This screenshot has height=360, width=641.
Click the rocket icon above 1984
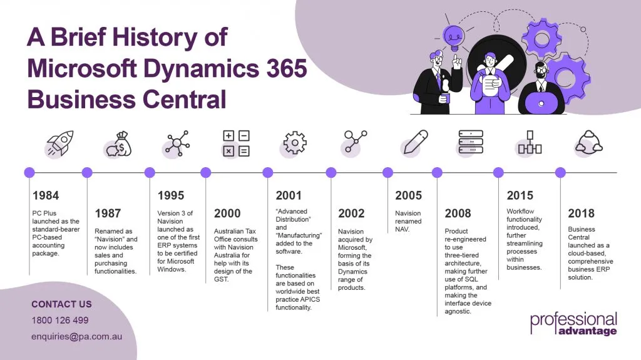point(60,143)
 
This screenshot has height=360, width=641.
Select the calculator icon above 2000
point(236,143)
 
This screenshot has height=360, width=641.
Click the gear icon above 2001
point(295,143)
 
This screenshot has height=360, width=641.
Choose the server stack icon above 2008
point(471,142)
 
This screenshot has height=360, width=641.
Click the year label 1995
point(171,195)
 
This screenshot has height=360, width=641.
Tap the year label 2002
point(351,213)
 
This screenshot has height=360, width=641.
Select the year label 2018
point(581,213)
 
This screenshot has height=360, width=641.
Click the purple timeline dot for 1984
point(29,173)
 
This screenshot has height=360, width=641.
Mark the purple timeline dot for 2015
point(498,173)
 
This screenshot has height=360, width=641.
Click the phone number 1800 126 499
point(60,321)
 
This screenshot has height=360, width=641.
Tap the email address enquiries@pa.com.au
point(77,337)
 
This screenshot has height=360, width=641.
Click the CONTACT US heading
point(62,304)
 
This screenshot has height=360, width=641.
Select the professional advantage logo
point(573,324)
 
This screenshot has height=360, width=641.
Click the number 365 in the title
point(287,68)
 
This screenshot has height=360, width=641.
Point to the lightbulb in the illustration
point(454,38)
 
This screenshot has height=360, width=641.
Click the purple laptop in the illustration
point(541,103)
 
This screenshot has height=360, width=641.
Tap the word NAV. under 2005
point(403,229)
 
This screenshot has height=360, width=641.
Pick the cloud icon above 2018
point(588,143)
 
